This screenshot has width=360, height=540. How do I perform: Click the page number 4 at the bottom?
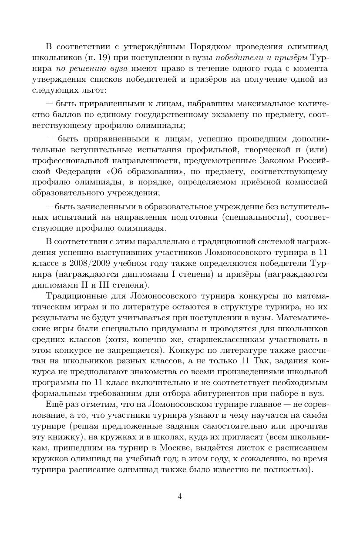[180, 497]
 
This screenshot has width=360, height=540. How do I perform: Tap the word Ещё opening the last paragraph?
[54, 405]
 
